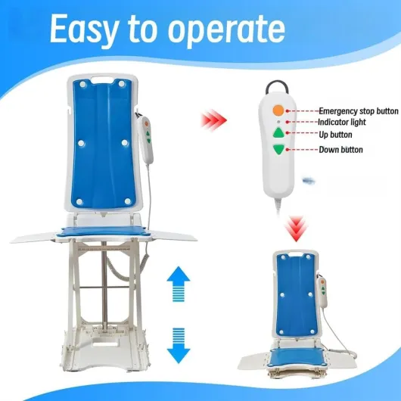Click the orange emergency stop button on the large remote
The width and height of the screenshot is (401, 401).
(278, 110)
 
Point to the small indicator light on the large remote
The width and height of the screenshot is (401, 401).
(278, 122)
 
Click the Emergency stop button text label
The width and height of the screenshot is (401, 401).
(359, 111)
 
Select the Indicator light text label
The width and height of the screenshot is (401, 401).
(342, 123)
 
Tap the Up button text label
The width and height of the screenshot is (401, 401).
(335, 135)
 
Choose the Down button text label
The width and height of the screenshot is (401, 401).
(340, 150)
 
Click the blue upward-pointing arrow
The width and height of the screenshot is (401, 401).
(179, 284)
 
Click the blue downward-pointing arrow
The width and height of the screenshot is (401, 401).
(179, 346)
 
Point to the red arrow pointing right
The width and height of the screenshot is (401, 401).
(214, 120)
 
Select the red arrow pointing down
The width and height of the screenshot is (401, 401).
(296, 228)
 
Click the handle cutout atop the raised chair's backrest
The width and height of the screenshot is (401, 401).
(102, 80)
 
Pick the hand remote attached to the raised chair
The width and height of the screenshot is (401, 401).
(145, 140)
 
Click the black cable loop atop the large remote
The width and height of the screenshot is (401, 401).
(277, 86)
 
